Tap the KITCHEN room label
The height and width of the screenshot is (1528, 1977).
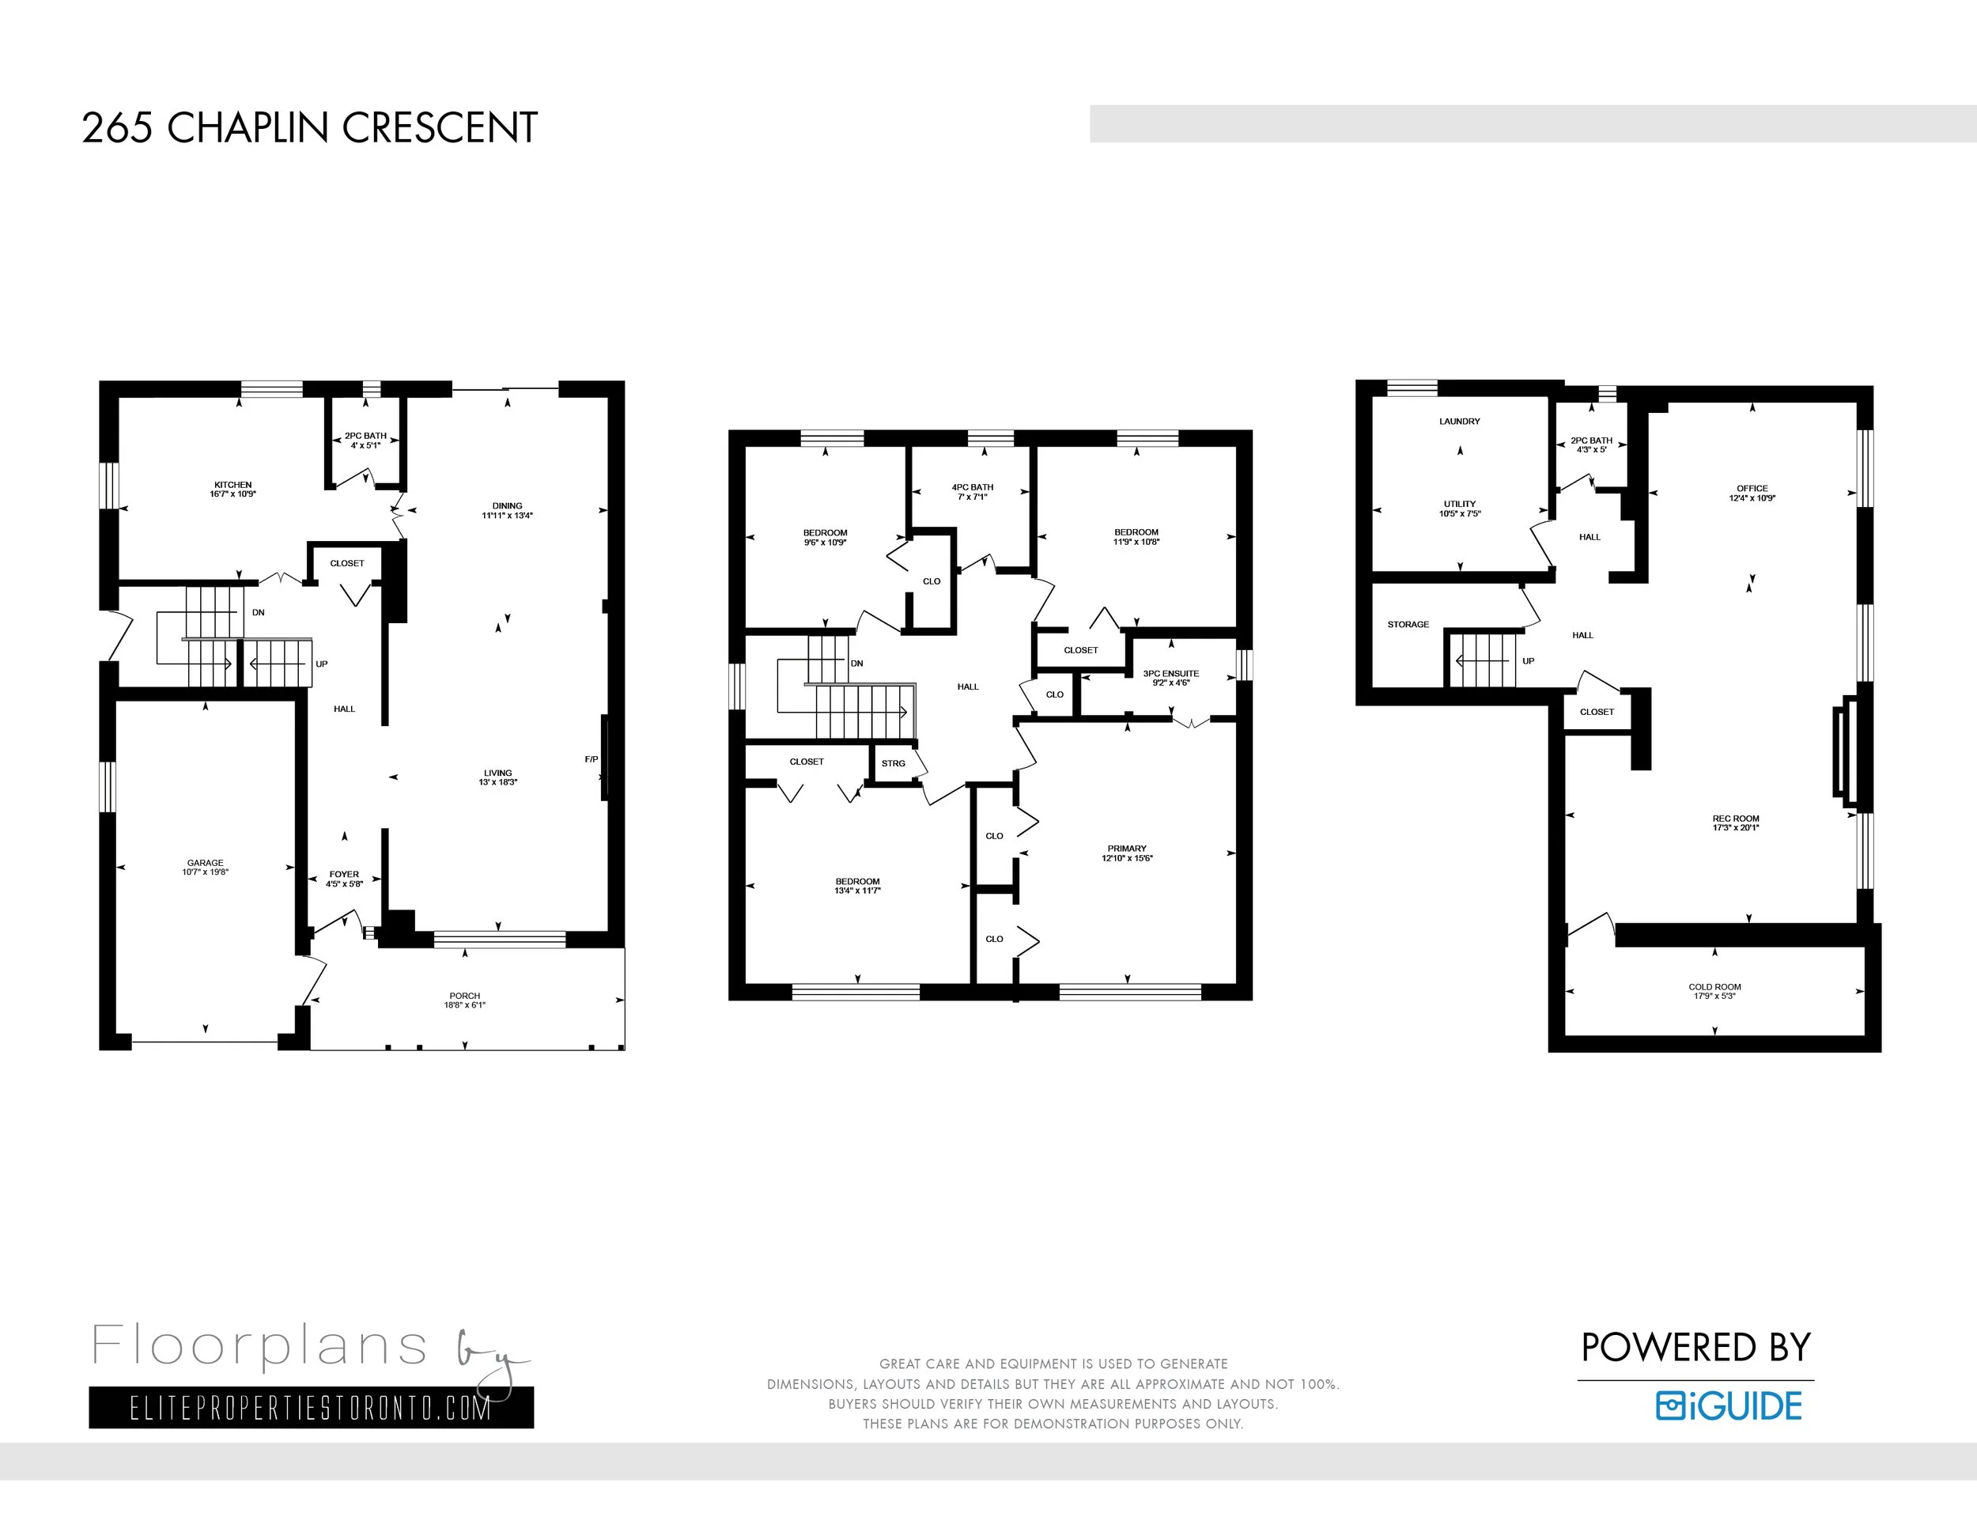[232, 485]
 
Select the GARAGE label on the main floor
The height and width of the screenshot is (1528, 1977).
[206, 863]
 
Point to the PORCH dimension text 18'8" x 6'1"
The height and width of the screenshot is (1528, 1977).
[464, 1004]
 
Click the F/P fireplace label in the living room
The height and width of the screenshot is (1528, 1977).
[591, 758]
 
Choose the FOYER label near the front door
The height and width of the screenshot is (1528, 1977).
[344, 875]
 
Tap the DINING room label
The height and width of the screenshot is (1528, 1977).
[507, 506]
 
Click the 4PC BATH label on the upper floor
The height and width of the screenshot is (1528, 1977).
[972, 487]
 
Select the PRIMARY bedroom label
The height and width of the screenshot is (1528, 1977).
[1127, 848]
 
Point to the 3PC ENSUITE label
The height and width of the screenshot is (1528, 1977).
[1170, 674]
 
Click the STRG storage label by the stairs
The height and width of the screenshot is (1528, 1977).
[894, 763]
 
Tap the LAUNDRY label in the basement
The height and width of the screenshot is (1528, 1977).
[1459, 421]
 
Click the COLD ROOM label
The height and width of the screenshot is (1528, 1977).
[1714, 987]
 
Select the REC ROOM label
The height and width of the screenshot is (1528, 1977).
[1735, 819]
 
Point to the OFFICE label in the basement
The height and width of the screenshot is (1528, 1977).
[1752, 488]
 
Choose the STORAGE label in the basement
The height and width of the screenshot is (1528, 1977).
[1408, 625]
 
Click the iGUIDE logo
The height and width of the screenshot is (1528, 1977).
[1729, 1405]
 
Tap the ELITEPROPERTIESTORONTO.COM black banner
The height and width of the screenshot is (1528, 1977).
[312, 1408]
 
